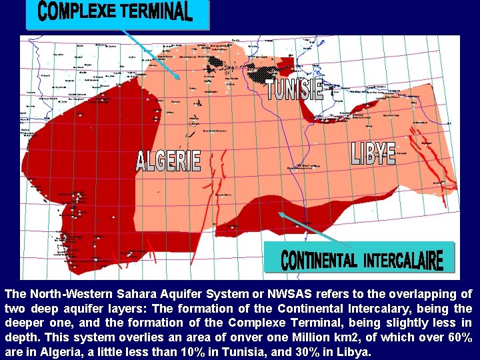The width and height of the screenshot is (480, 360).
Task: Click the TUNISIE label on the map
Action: (x=295, y=90)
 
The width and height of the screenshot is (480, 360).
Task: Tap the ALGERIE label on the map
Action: (x=168, y=161)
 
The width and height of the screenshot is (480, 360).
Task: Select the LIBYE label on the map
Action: (x=373, y=154)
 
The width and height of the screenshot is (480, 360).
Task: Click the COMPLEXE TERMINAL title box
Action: (x=117, y=14)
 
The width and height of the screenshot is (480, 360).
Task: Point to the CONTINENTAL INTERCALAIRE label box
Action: (x=359, y=257)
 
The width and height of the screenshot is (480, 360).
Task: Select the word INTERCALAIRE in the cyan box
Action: (x=403, y=259)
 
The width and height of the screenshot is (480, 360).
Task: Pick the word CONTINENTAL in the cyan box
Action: (x=318, y=260)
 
